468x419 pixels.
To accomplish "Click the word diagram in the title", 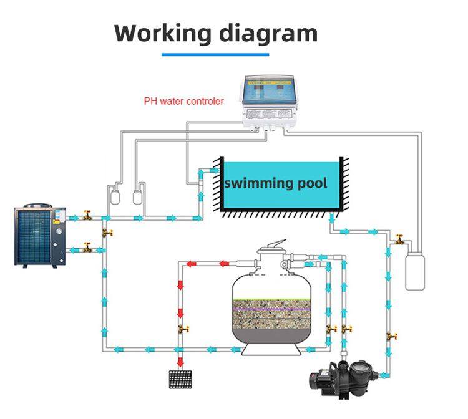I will coord(268,34).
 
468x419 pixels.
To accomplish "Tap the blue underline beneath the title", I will coord(215,55).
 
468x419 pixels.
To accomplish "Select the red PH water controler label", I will coord(183,100).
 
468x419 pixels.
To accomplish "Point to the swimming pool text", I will coord(275,183).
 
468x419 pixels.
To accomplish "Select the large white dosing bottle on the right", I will coord(416,268).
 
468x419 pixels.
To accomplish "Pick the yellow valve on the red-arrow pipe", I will coord(182,329).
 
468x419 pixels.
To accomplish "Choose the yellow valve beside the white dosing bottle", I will coord(398,239).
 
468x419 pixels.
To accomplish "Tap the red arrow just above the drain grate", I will coord(181,361).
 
